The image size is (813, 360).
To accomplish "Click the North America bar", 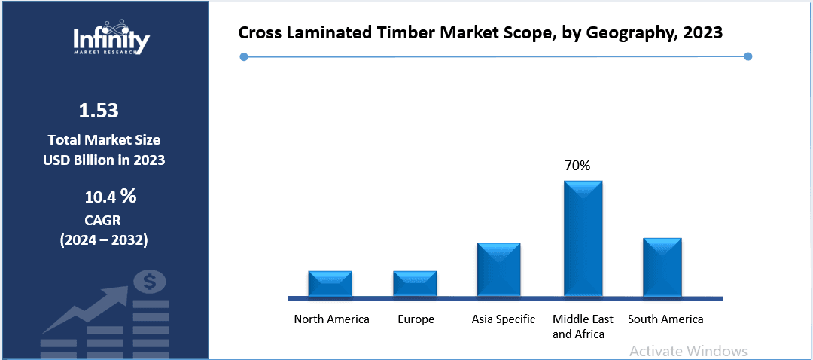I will coord(330,284).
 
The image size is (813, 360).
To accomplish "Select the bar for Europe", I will coord(415,284).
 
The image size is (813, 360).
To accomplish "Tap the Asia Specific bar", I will coord(498,270).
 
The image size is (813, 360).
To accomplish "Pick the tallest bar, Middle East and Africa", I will coord(583,239).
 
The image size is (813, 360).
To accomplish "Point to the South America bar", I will coord(662,267).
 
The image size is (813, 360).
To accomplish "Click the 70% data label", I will coord(577,165).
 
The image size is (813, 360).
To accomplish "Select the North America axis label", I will coord(331,319).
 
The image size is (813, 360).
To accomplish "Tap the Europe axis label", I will coord(416,319).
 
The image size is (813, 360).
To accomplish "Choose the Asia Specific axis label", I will coord(503,319).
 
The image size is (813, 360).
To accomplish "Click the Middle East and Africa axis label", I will coord(583,326).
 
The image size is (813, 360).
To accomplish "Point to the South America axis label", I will coord(665,319).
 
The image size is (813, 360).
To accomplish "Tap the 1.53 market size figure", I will coord(99,111).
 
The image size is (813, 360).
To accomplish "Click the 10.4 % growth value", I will coord(110,197).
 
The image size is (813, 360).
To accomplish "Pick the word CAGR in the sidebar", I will coord(103,220).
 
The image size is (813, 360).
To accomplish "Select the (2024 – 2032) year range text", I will coord(103,240).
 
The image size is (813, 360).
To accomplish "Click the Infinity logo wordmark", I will coord(111,39).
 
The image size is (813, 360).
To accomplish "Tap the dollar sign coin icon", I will coord(149,282).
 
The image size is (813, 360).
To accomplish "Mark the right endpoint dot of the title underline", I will coord(748,56).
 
